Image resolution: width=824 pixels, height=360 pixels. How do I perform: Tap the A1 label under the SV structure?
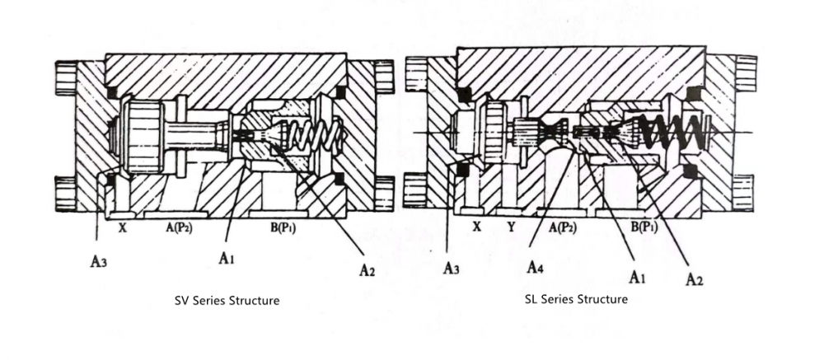tap(228, 258)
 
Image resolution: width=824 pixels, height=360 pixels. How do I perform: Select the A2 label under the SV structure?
tap(367, 269)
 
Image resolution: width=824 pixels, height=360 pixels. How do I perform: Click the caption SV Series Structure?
tap(227, 301)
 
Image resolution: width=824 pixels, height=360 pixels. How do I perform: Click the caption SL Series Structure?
tap(576, 299)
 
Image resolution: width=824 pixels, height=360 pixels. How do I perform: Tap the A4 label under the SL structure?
tap(536, 268)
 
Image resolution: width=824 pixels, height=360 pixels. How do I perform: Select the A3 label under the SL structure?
tap(451, 267)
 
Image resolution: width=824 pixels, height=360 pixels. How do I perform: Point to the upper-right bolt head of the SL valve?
tap(744, 72)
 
